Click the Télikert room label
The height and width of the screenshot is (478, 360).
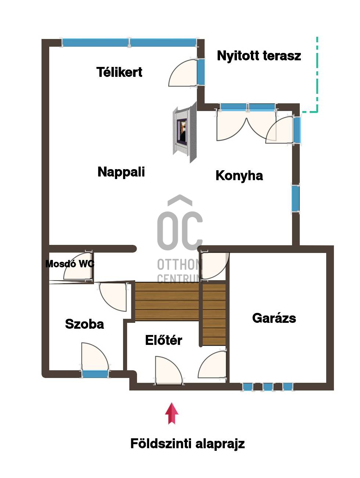click(119, 72)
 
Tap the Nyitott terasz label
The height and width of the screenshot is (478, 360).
click(259, 56)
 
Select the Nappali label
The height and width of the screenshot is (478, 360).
click(121, 172)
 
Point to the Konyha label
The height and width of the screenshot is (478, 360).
click(239, 176)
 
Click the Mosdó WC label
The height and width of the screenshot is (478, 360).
click(70, 264)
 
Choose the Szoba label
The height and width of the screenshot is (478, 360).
click(84, 324)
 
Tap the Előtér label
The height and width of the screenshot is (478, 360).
click(163, 340)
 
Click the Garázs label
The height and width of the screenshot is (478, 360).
click(274, 318)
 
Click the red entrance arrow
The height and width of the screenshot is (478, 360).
click(172, 413)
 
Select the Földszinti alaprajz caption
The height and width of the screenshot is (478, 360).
click(187, 443)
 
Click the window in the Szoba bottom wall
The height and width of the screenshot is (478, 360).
click(95, 374)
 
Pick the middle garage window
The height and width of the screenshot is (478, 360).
click(268, 386)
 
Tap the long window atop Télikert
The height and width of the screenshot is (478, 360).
click(129, 42)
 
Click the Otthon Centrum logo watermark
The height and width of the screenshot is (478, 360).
click(180, 239)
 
